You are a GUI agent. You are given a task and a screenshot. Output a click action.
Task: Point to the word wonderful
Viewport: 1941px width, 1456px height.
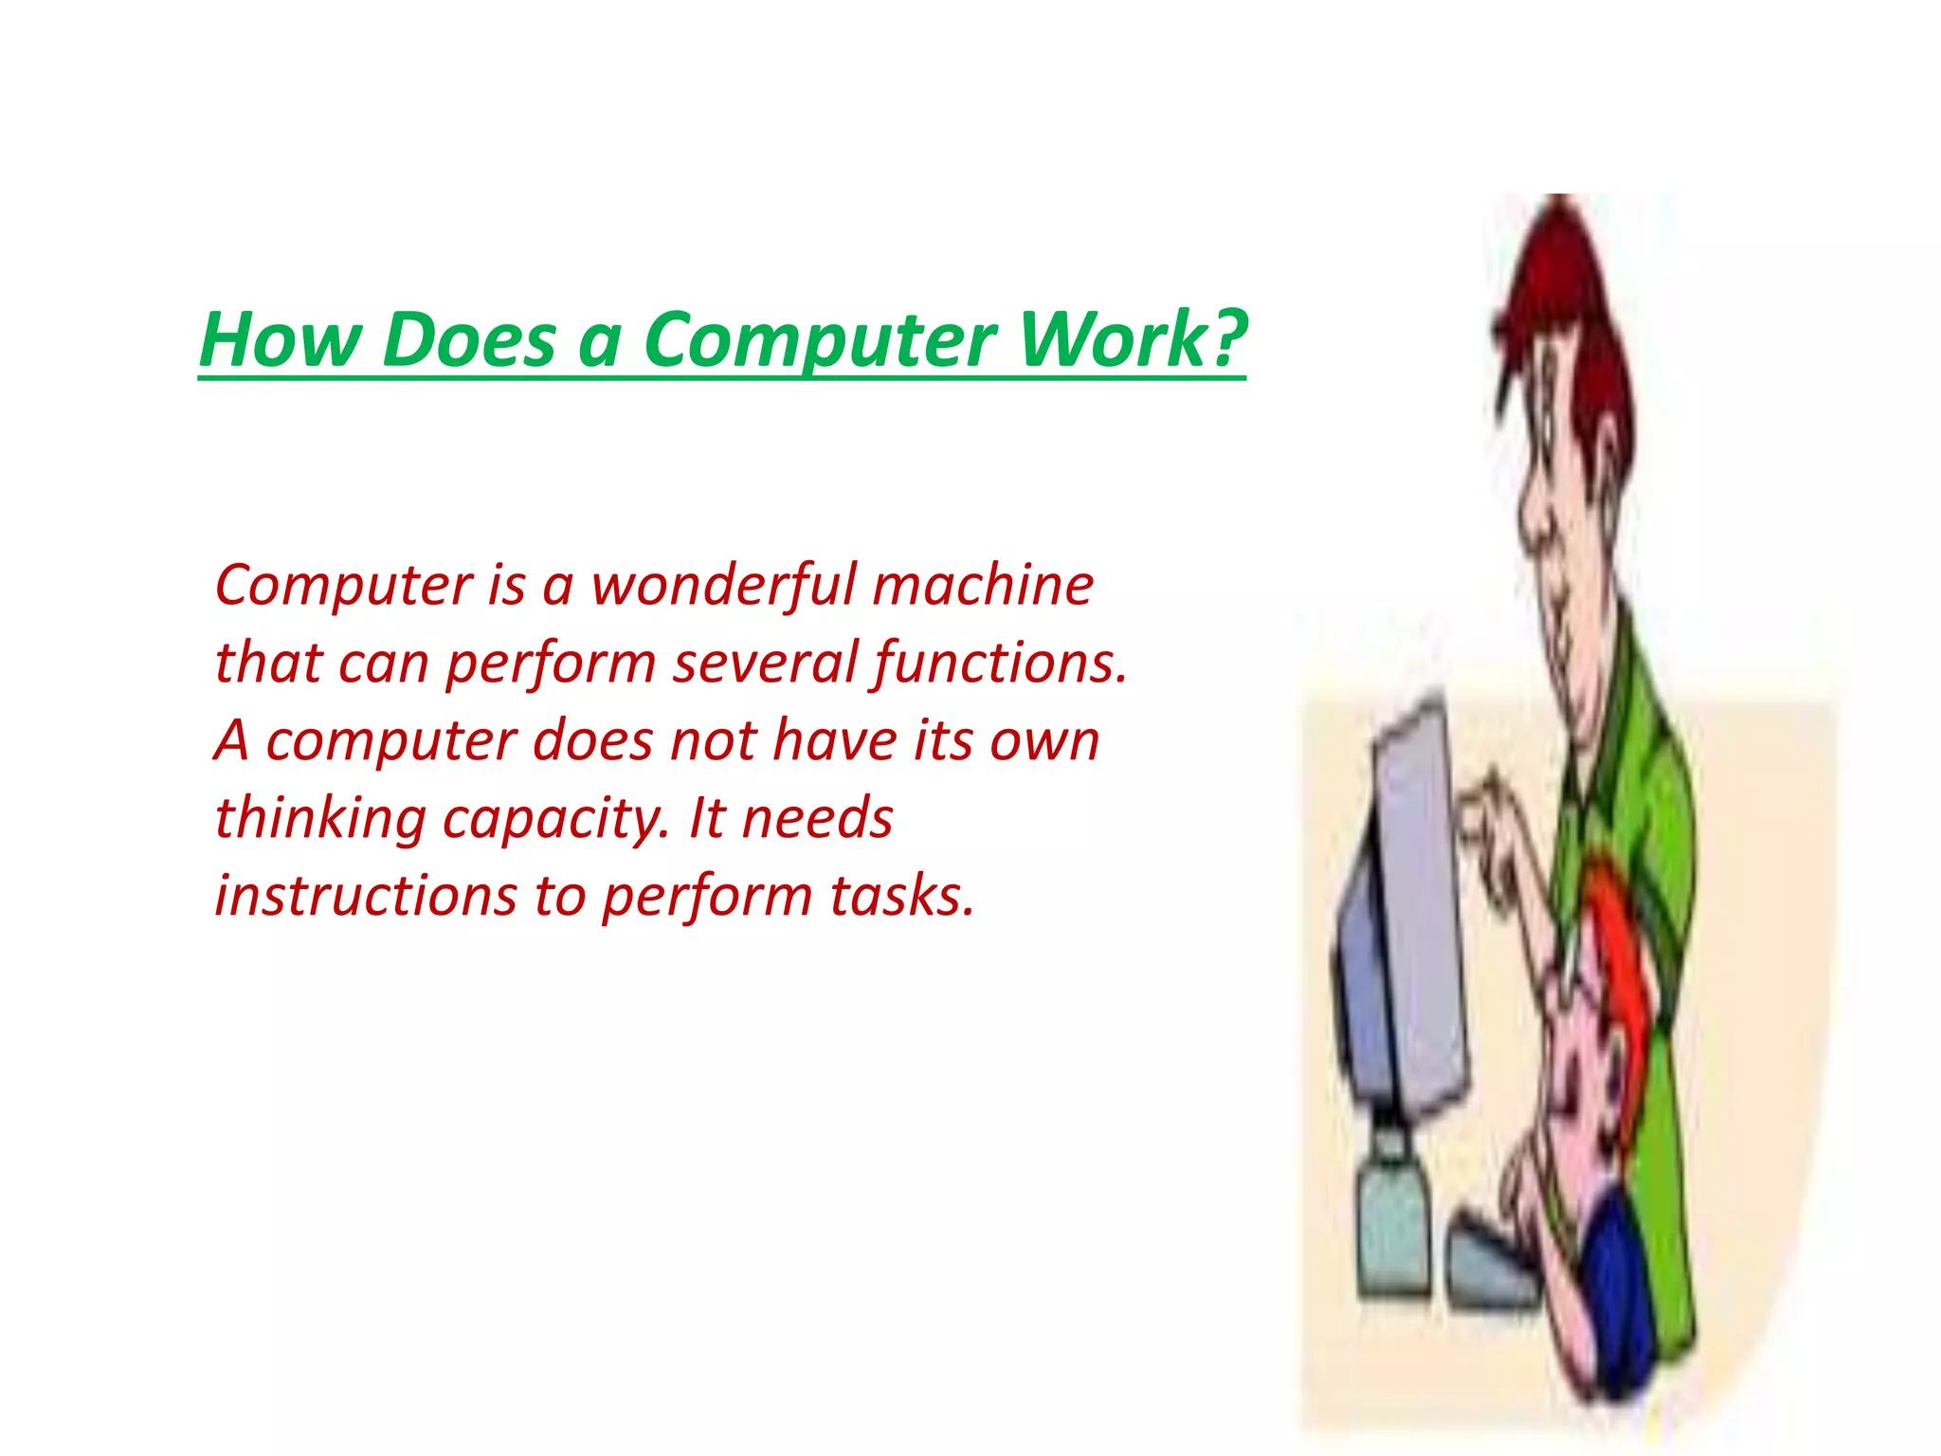tap(723, 585)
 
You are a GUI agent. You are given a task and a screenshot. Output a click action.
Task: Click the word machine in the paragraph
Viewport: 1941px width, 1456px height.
tap(983, 585)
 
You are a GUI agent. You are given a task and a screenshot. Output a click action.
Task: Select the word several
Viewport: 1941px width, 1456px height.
tap(765, 663)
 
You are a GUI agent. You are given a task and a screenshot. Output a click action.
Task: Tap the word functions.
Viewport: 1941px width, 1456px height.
tap(1001, 663)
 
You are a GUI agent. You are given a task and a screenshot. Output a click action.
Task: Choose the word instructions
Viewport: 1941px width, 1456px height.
tap(365, 896)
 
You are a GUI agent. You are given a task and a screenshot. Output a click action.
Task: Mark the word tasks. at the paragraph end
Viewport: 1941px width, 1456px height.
tap(902, 896)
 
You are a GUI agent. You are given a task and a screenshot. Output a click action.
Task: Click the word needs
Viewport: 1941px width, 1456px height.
tap(817, 818)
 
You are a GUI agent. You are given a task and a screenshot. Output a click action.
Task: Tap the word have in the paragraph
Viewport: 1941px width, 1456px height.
tap(835, 740)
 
